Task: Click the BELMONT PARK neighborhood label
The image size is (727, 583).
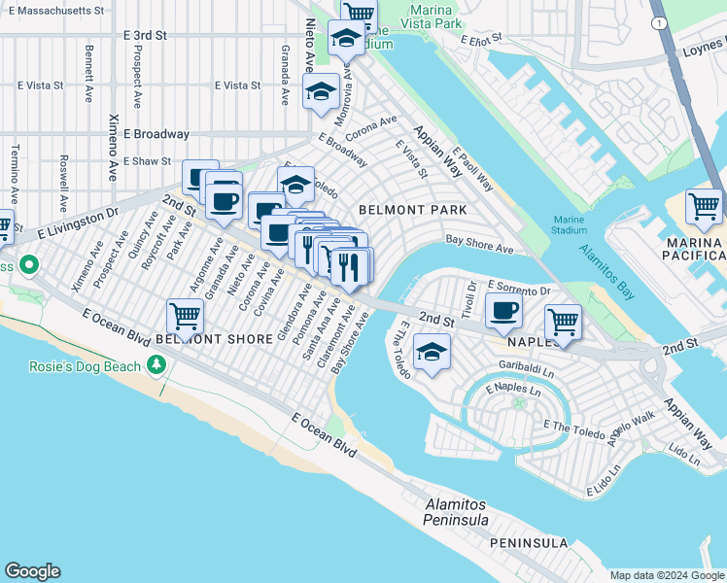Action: click(412, 209)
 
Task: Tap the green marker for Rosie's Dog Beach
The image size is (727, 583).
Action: click(156, 364)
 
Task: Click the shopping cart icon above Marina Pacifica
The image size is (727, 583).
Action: click(704, 207)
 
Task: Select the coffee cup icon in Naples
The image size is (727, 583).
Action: click(503, 311)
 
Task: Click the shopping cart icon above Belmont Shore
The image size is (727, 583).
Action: click(185, 316)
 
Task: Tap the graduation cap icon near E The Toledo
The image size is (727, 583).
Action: click(431, 352)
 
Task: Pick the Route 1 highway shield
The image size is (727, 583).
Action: click(661, 21)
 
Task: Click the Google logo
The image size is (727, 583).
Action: click(32, 571)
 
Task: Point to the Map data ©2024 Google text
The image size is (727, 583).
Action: click(666, 575)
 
